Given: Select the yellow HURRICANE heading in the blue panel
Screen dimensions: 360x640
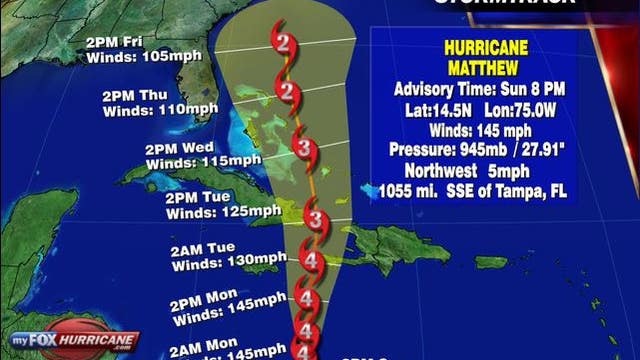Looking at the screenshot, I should click(482, 46).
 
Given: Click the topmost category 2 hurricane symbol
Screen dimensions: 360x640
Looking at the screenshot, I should click(285, 45).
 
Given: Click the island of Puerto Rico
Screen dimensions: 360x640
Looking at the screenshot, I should click(490, 261).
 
